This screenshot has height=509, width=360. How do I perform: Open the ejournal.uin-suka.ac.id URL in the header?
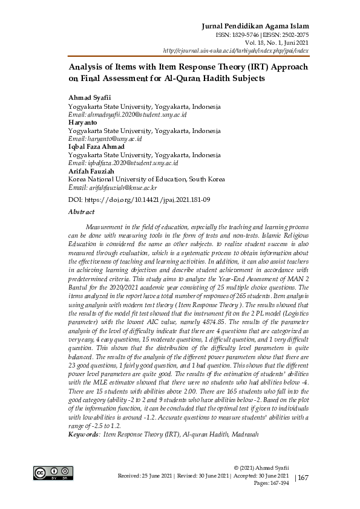coord(258,51)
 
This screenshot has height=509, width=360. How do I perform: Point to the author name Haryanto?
coord(83,122)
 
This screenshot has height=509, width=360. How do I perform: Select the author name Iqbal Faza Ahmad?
coord(96,146)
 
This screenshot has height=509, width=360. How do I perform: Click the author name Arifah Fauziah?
coord(92,171)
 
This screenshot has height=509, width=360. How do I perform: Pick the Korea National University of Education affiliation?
coord(146,180)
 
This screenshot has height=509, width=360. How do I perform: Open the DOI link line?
coord(139,199)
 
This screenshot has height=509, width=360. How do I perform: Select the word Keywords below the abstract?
coord(84,435)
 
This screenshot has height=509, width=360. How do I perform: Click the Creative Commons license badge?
coord(53,473)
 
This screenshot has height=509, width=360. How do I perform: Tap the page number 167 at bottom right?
coord(303,478)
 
